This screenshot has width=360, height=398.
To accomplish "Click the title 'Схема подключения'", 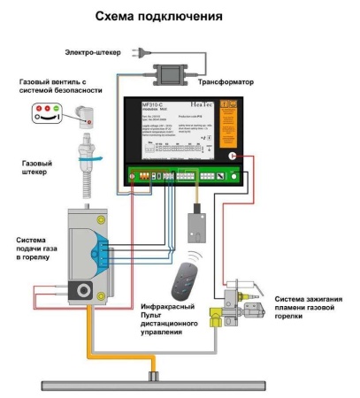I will [x=180, y=17].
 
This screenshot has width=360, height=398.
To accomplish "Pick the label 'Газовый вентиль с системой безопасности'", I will [x=63, y=86].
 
